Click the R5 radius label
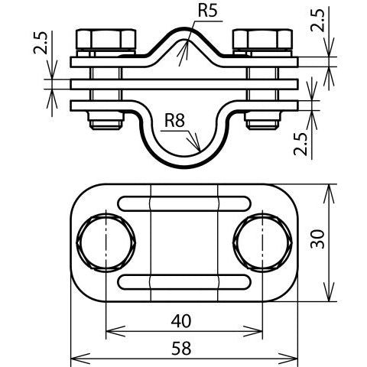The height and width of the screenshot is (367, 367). click(x=207, y=11)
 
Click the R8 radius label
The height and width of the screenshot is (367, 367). click(x=174, y=120)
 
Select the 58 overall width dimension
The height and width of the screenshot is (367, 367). click(x=181, y=349)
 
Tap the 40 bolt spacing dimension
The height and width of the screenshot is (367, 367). click(x=181, y=321)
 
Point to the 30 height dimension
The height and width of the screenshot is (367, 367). click(x=318, y=239)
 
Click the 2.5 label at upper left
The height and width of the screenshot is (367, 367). click(x=41, y=43)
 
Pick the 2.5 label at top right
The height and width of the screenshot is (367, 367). click(x=318, y=21)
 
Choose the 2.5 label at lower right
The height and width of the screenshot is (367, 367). click(x=300, y=145)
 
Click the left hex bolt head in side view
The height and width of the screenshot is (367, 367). click(x=106, y=39)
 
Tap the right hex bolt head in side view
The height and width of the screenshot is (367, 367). click(x=262, y=39)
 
